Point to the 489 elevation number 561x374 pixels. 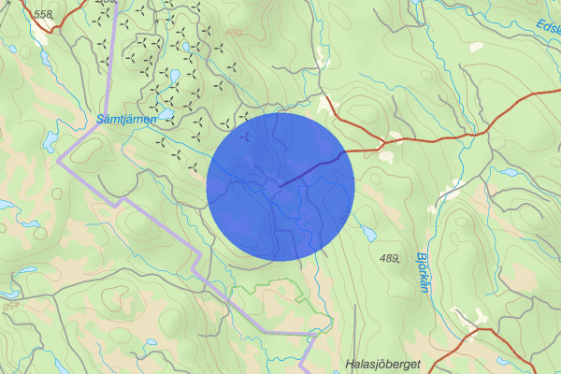(390, 257)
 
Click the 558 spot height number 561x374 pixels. (43, 14)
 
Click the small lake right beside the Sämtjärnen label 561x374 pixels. (165, 115)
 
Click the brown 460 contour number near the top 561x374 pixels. (233, 34)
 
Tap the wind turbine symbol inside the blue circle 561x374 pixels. (246, 137)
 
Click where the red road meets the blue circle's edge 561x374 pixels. (347, 151)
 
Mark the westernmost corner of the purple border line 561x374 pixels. (58, 160)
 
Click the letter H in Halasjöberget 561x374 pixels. (350, 364)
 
